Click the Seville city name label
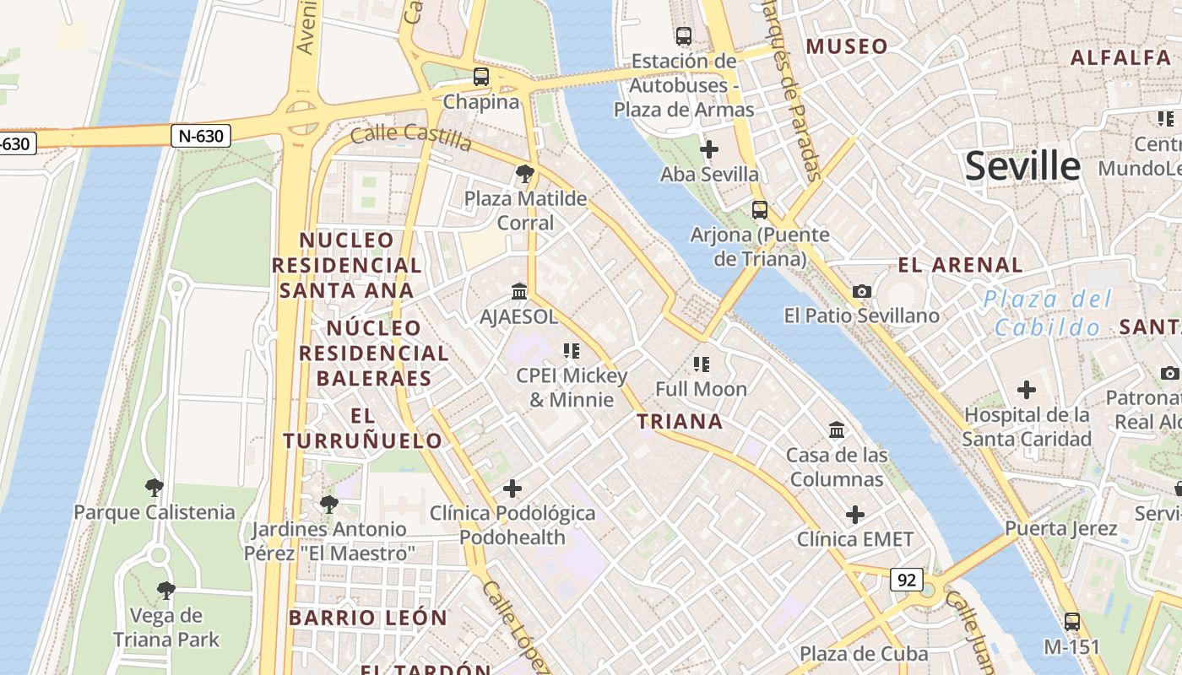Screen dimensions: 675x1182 1022,165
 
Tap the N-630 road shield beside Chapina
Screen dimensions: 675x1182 201,135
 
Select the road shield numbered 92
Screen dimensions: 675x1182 906,580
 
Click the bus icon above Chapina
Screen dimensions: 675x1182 481,77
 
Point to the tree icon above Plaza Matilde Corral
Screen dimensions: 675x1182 525,175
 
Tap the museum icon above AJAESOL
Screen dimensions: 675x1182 519,292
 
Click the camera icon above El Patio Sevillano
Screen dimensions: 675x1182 862,291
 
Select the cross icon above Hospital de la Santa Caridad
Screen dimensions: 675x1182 1027,390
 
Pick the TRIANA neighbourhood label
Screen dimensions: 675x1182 680,422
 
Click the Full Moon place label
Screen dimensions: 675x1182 702,389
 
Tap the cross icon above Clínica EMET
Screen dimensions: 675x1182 855,514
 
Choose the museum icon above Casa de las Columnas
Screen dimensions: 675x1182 837,430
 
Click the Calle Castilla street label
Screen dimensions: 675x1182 411,138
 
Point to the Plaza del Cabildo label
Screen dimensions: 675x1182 1048,313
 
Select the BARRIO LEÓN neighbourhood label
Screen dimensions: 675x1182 368,618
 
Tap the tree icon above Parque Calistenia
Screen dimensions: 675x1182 154,487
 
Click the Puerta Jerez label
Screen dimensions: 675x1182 1060,529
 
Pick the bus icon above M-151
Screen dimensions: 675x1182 1072,622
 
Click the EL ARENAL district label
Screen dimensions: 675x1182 960,265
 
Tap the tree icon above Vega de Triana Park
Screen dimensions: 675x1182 166,590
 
